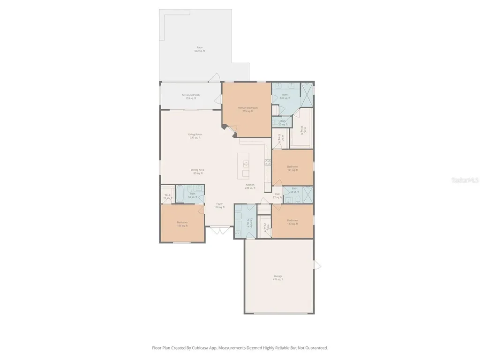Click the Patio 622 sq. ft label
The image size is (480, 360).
pos(200,49)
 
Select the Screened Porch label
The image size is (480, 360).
pos(191,97)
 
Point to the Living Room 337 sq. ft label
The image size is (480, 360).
pos(195,136)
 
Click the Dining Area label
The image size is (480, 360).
pos(197,172)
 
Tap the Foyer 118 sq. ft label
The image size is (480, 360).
pos(219,205)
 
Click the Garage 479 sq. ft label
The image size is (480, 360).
pos(278,277)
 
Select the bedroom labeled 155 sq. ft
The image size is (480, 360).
pos(182,224)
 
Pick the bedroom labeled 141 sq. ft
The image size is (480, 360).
pos(292,168)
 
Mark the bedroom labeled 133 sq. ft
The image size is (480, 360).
pos(292,222)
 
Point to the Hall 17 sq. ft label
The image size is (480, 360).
pos(277,195)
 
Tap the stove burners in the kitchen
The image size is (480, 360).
pos(268,163)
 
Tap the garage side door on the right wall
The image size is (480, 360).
pos(317,265)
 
